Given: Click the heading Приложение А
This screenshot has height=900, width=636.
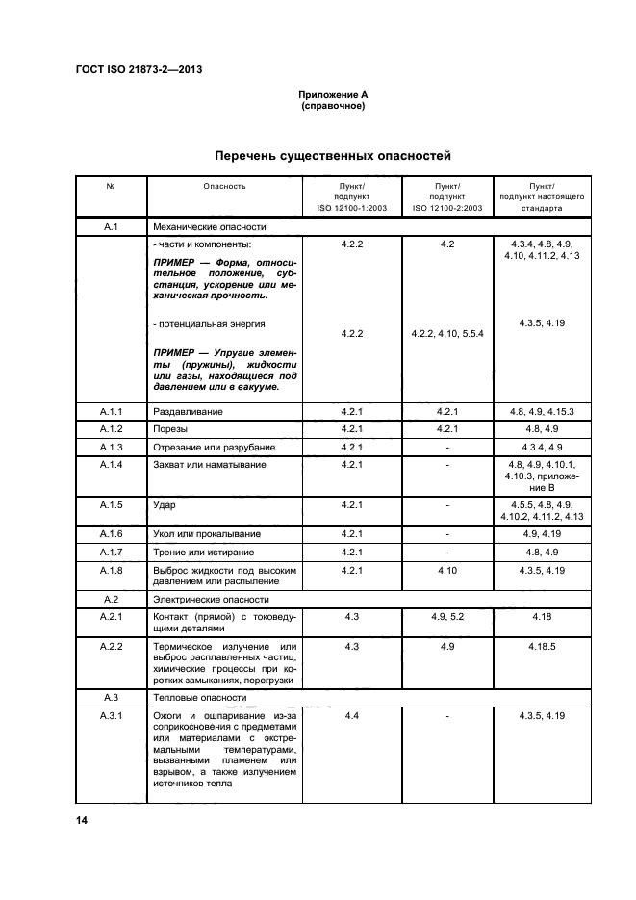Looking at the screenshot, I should pyautogui.click(x=332, y=95).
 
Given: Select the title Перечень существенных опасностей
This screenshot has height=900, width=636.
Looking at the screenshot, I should pyautogui.click(x=332, y=155).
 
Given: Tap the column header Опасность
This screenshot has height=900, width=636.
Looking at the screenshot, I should pyautogui.click(x=224, y=185).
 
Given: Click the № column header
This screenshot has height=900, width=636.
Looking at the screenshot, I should pyautogui.click(x=110, y=185).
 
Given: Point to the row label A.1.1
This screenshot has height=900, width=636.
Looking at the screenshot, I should pyautogui.click(x=110, y=411).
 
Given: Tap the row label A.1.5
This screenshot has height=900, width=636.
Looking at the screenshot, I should pyautogui.click(x=110, y=503).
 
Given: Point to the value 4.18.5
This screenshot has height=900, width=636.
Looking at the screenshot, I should pyautogui.click(x=542, y=646).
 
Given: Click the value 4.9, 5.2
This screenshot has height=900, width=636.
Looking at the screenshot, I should pyautogui.click(x=446, y=616).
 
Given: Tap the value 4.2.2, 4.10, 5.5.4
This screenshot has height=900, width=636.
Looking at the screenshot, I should pyautogui.click(x=446, y=333).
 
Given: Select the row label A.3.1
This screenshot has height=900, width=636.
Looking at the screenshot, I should pyautogui.click(x=110, y=715).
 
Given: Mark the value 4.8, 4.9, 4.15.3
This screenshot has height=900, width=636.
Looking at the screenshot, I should pyautogui.click(x=542, y=411).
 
